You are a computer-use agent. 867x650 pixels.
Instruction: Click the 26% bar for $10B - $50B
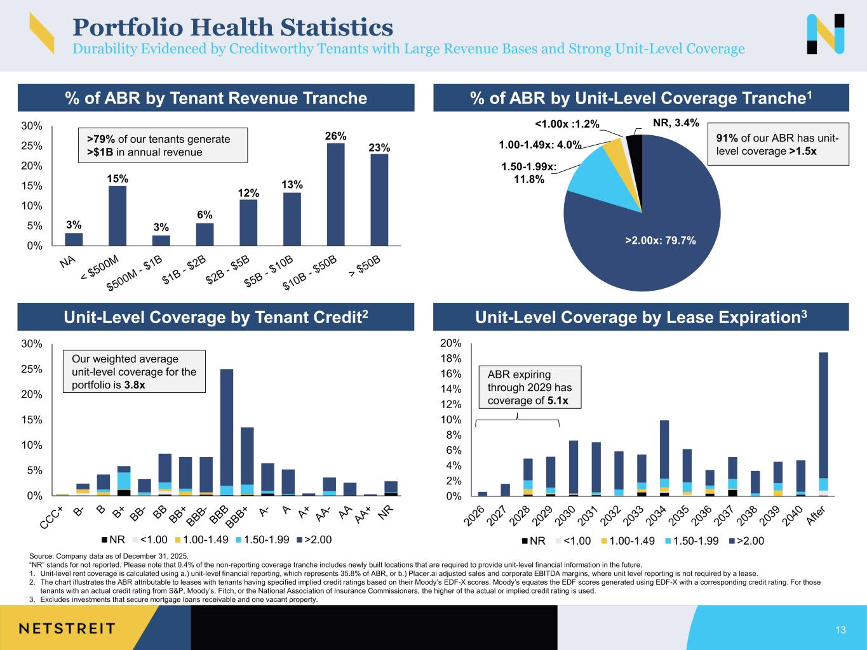(x=335, y=194)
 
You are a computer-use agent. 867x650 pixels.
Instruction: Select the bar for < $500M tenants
(x=118, y=215)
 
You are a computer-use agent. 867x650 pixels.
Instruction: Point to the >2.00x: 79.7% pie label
(x=661, y=240)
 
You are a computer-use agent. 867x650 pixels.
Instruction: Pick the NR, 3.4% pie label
(x=676, y=123)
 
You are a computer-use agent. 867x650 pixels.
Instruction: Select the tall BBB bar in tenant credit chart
(x=226, y=432)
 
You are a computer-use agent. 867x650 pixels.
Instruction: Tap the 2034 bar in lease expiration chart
(x=664, y=458)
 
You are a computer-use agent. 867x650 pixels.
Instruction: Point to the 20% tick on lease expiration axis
(x=451, y=343)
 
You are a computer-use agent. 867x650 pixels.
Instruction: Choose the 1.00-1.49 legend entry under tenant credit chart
(x=201, y=540)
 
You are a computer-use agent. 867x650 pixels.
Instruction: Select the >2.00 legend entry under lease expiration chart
(x=747, y=541)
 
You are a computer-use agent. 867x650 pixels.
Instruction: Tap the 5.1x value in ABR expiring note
(x=557, y=401)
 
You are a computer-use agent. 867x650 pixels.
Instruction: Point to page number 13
(x=840, y=630)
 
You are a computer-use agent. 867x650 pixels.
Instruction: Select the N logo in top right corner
(x=825, y=34)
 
